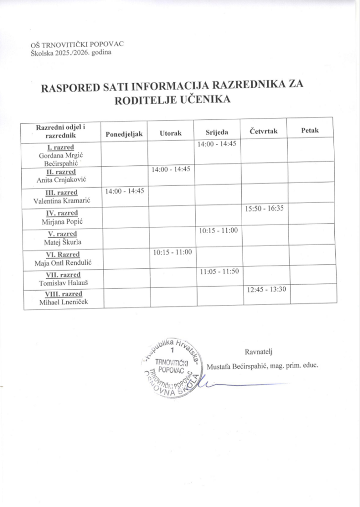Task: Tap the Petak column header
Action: coord(310,131)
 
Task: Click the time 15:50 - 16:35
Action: coord(264,208)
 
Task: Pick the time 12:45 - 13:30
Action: coord(266,289)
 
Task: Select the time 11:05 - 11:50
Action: coord(218,271)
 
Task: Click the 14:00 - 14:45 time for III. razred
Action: coord(124,190)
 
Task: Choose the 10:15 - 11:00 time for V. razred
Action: coord(218,230)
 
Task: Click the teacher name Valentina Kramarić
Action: coord(60,201)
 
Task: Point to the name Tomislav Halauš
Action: coord(60,283)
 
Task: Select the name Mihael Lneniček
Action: coord(60,303)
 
